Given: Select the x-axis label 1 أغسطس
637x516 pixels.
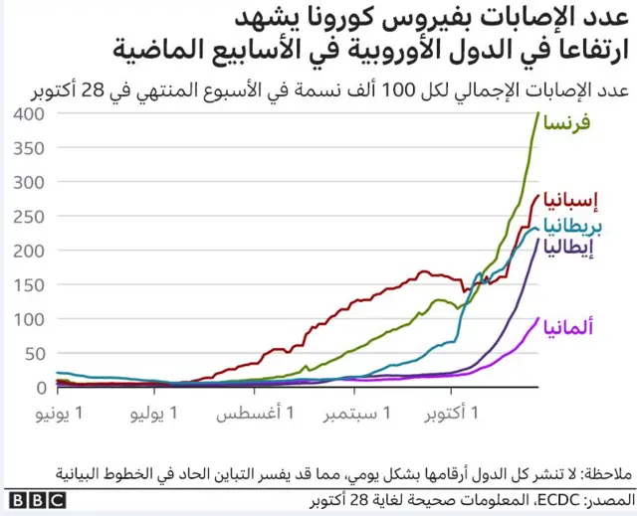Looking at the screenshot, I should point(250,412).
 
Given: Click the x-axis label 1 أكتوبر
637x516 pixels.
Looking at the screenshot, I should point(449,412).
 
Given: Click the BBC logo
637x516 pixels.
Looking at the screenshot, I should point(35,499).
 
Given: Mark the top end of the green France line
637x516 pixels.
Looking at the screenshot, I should point(537,113).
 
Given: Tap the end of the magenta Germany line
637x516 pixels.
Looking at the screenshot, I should point(538,319).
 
